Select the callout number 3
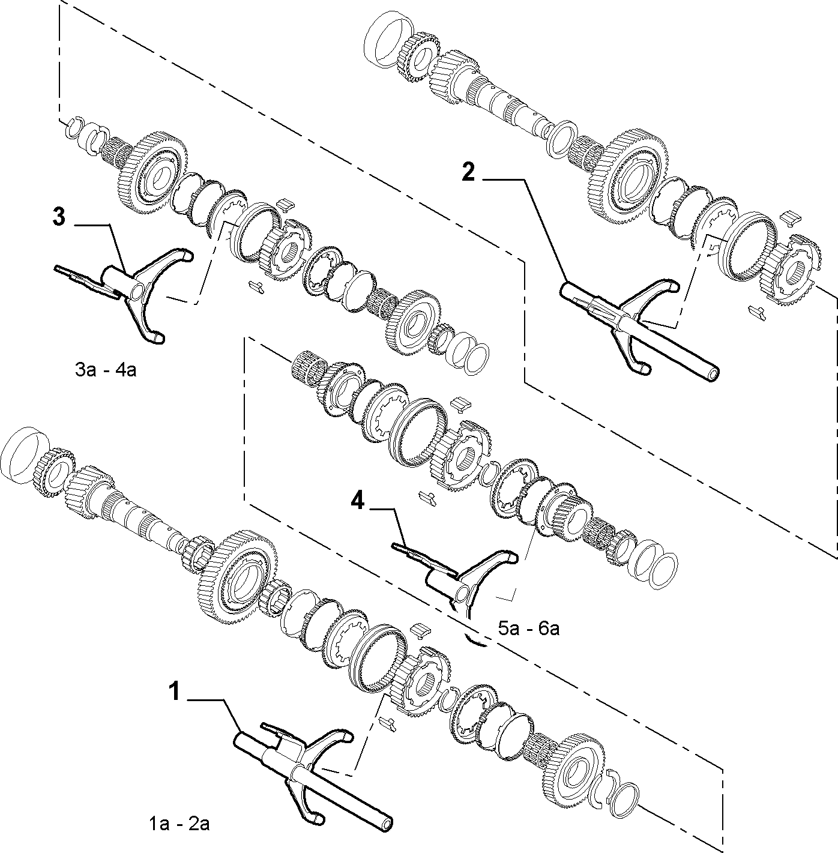[x=59, y=219]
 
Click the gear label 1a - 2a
[x=179, y=825]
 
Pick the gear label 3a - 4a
[x=106, y=370]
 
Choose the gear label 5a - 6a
[x=529, y=628]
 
